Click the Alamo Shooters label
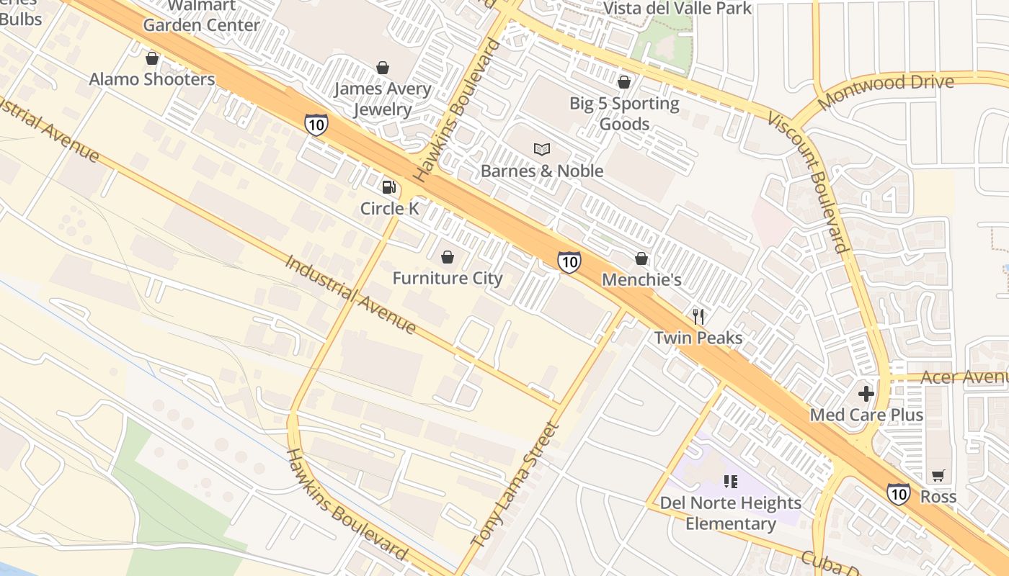151,79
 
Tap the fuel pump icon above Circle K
388,187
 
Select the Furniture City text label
447,278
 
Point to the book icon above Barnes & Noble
542,149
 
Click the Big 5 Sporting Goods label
624,113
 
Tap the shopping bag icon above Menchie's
641,258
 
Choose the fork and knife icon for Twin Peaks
698,316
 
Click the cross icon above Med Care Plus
866,394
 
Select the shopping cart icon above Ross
938,475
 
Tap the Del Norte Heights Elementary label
730,513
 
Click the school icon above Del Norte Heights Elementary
730,482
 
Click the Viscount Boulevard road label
809,181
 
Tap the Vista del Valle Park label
677,8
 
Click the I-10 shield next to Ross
898,493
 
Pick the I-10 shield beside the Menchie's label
569,261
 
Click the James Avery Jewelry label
382,99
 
